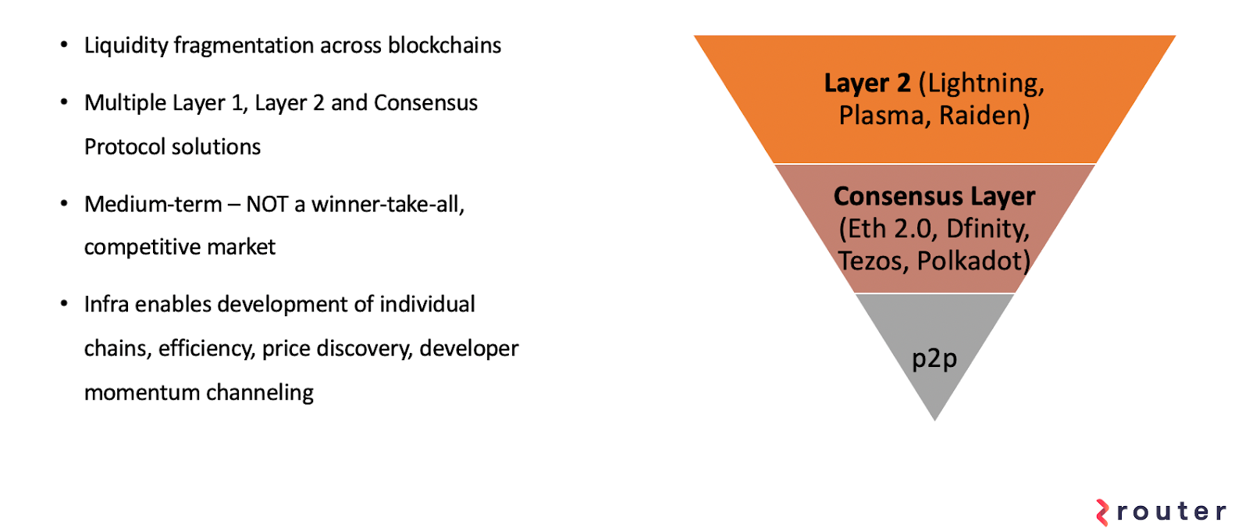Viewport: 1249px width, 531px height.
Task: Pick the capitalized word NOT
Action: [267, 205]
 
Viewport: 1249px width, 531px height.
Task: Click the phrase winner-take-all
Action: [388, 205]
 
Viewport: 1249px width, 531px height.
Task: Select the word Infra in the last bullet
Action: [106, 304]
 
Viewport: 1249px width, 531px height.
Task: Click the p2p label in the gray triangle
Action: [934, 358]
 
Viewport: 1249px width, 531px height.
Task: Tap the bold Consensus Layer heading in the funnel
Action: [934, 196]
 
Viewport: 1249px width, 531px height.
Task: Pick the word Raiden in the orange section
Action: [984, 116]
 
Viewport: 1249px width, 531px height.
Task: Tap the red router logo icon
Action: [1102, 512]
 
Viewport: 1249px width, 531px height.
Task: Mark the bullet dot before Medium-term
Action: [65, 204]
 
